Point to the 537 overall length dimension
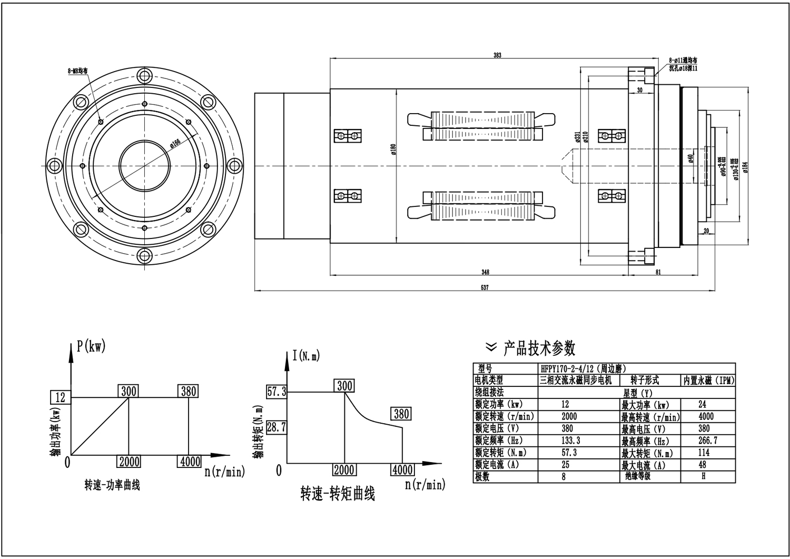pos(485,287)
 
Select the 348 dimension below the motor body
pos(485,272)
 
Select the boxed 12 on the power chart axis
pos(61,397)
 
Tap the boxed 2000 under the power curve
pos(129,462)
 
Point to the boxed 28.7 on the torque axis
pos(276,427)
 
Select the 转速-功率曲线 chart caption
pos(112,485)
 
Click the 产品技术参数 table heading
pos(539,348)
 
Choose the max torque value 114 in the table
pos(703,452)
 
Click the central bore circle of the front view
pos(144,165)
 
